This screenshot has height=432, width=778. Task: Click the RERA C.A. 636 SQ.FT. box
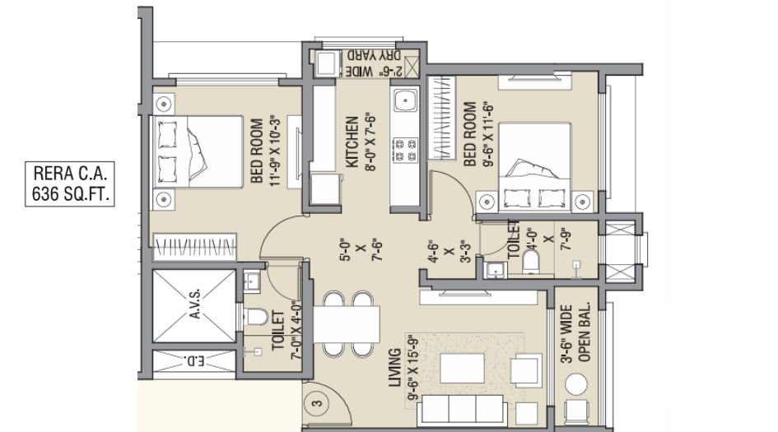71,183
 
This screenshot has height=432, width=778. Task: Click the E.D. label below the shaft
195,360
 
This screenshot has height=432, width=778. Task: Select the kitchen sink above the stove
405,102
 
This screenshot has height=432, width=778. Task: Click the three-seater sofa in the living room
464,406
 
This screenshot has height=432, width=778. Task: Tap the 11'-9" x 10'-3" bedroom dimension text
265,151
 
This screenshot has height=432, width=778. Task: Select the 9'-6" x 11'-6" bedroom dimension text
482,135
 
